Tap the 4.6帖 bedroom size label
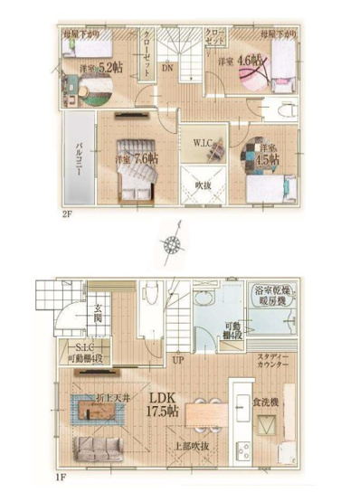(x=240, y=62)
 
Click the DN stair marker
(x=167, y=67)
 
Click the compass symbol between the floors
(x=172, y=244)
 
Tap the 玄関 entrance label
(x=97, y=319)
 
